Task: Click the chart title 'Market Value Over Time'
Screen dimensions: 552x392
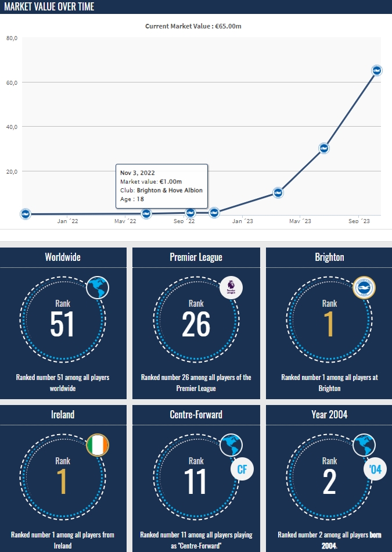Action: tap(49, 6)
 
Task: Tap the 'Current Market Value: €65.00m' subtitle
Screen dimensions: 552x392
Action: tap(196, 26)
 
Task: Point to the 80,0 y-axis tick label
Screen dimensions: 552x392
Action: tap(12, 38)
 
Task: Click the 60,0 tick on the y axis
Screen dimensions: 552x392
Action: tap(12, 83)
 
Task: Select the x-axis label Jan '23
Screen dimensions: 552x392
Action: tap(242, 221)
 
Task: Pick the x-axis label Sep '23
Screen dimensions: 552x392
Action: tap(359, 221)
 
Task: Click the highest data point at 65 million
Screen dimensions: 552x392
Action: tap(376, 70)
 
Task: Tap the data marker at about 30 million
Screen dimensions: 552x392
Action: tap(324, 148)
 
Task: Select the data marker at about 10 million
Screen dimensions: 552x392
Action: tap(278, 193)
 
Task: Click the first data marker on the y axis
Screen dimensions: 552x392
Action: tap(25, 214)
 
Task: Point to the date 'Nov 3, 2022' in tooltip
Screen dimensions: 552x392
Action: tap(138, 173)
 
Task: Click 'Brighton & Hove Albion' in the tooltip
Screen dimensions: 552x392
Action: tap(170, 190)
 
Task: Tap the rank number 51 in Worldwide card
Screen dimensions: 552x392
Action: tap(63, 324)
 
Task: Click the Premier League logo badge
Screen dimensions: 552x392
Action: tap(231, 288)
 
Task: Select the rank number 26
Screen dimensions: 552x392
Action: tap(196, 324)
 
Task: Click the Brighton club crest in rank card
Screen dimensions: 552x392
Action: tap(365, 288)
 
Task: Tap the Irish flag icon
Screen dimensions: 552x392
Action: tap(97, 445)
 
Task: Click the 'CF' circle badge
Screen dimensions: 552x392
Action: tap(242, 469)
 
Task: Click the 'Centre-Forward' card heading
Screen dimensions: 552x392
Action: tap(196, 415)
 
